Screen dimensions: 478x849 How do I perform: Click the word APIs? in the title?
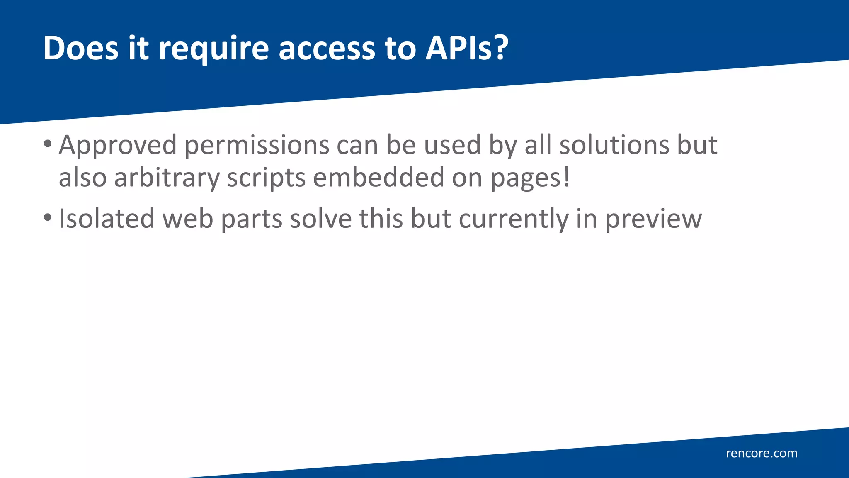[467, 48]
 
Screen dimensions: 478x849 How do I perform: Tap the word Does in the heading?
[81, 48]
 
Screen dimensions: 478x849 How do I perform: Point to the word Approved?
[118, 146]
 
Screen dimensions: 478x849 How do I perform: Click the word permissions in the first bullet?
[257, 146]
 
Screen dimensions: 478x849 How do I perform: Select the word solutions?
[614, 145]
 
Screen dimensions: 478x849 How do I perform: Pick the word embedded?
[378, 178]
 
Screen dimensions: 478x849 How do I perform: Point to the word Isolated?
[107, 219]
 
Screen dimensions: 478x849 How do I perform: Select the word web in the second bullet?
[188, 219]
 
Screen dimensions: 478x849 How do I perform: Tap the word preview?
[654, 219]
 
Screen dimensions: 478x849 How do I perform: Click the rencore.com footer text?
[762, 453]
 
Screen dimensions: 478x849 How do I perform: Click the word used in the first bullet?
[452, 145]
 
